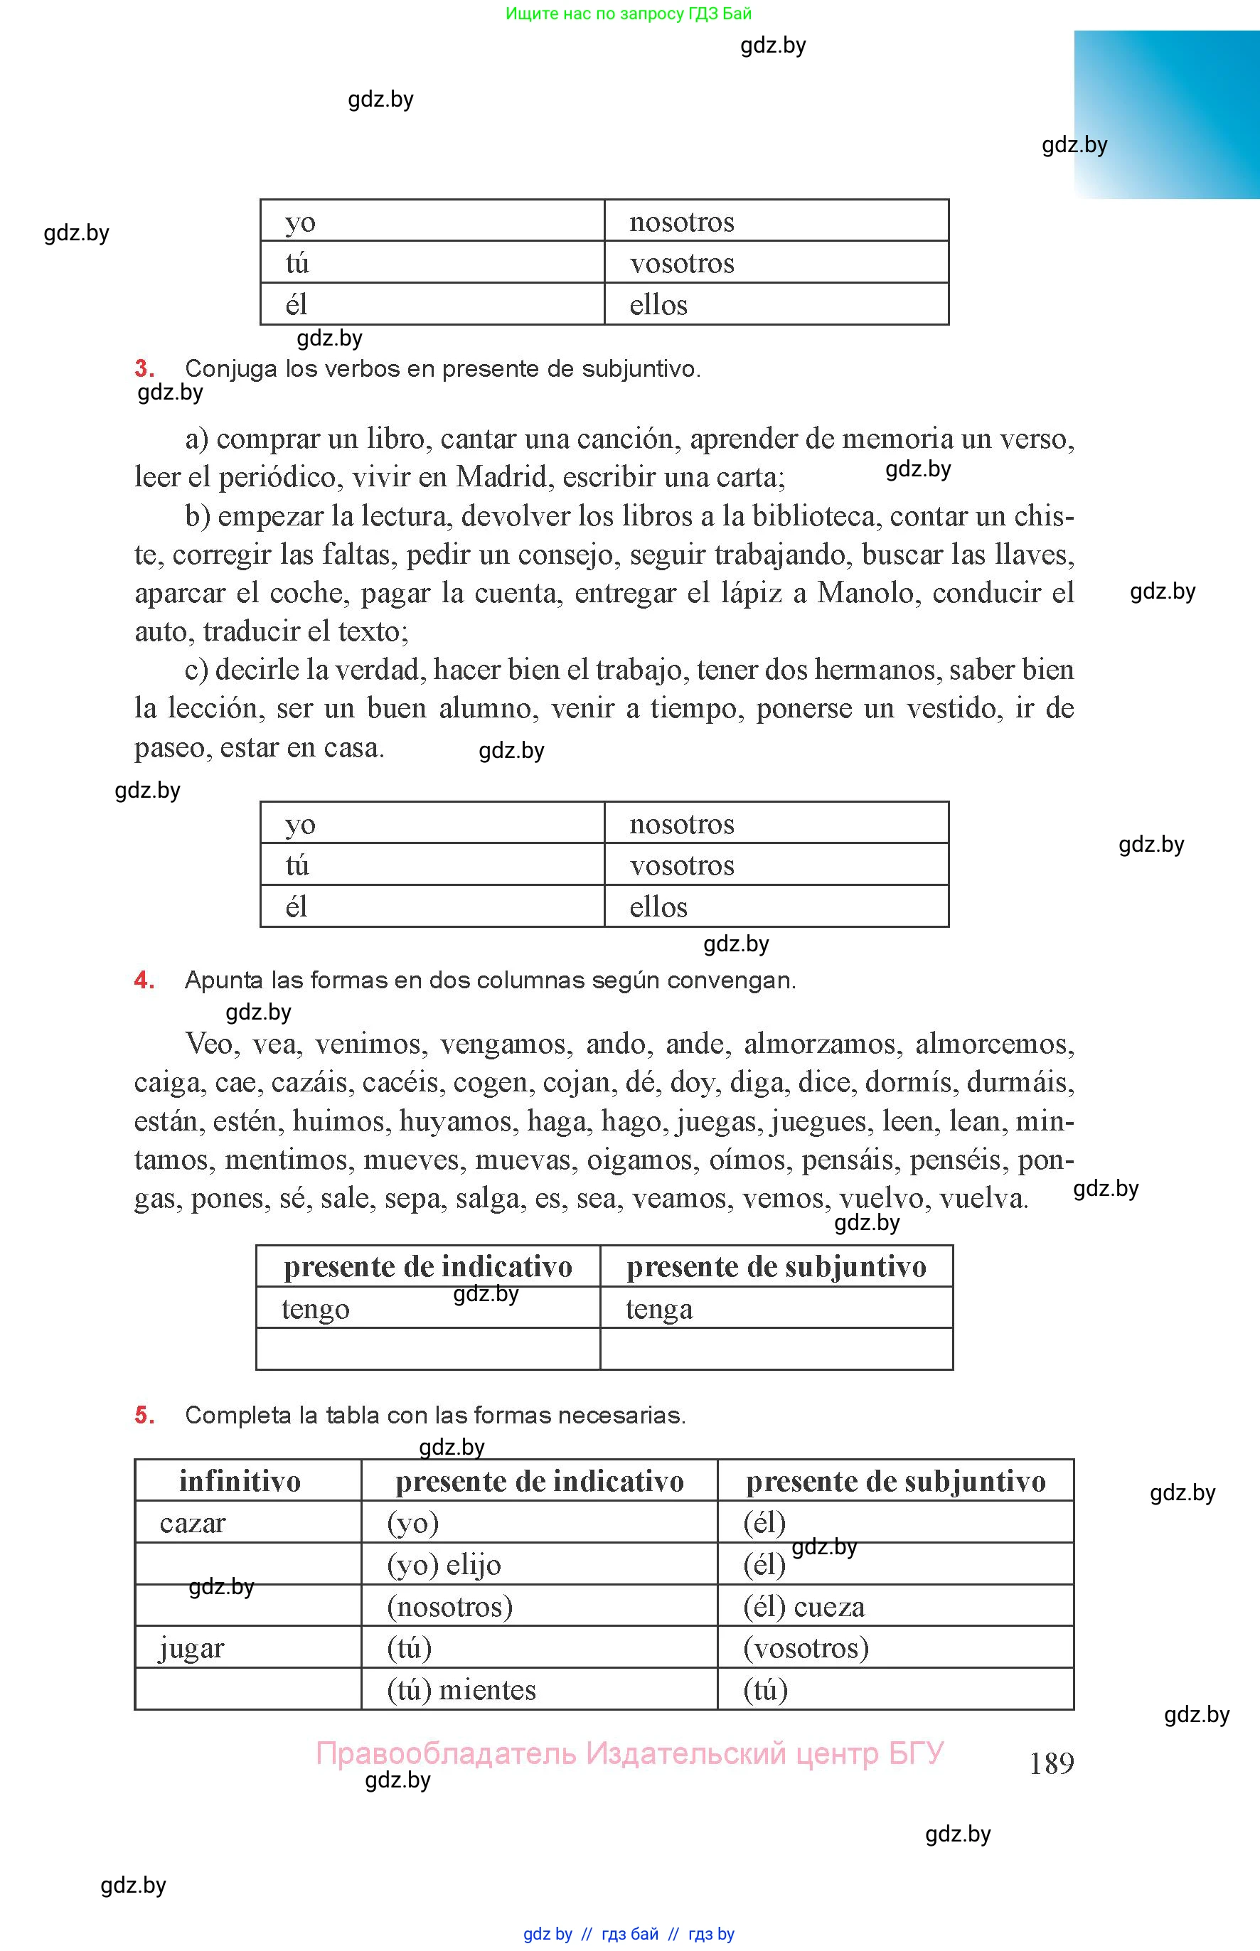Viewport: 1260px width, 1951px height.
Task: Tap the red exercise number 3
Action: click(144, 368)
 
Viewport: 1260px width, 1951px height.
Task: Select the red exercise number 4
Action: click(144, 979)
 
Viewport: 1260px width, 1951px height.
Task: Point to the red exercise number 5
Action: click(144, 1414)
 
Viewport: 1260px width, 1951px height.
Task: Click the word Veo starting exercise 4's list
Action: click(212, 1044)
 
